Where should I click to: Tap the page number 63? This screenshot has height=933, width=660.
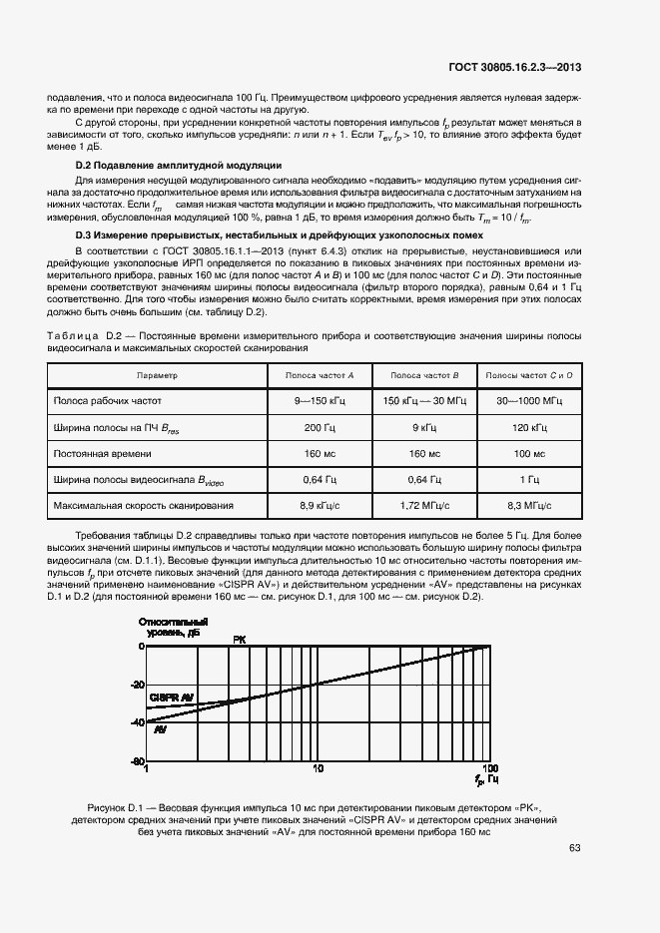tap(575, 848)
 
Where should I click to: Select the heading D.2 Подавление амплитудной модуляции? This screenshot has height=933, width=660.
tap(165, 164)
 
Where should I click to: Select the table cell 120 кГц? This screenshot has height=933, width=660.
tap(528, 427)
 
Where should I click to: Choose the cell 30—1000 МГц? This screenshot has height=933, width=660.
tap(528, 401)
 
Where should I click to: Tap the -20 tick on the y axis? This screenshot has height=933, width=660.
tap(137, 685)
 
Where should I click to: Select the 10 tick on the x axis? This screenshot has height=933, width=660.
tap(318, 769)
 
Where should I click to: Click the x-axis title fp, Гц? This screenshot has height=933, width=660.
tap(486, 778)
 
